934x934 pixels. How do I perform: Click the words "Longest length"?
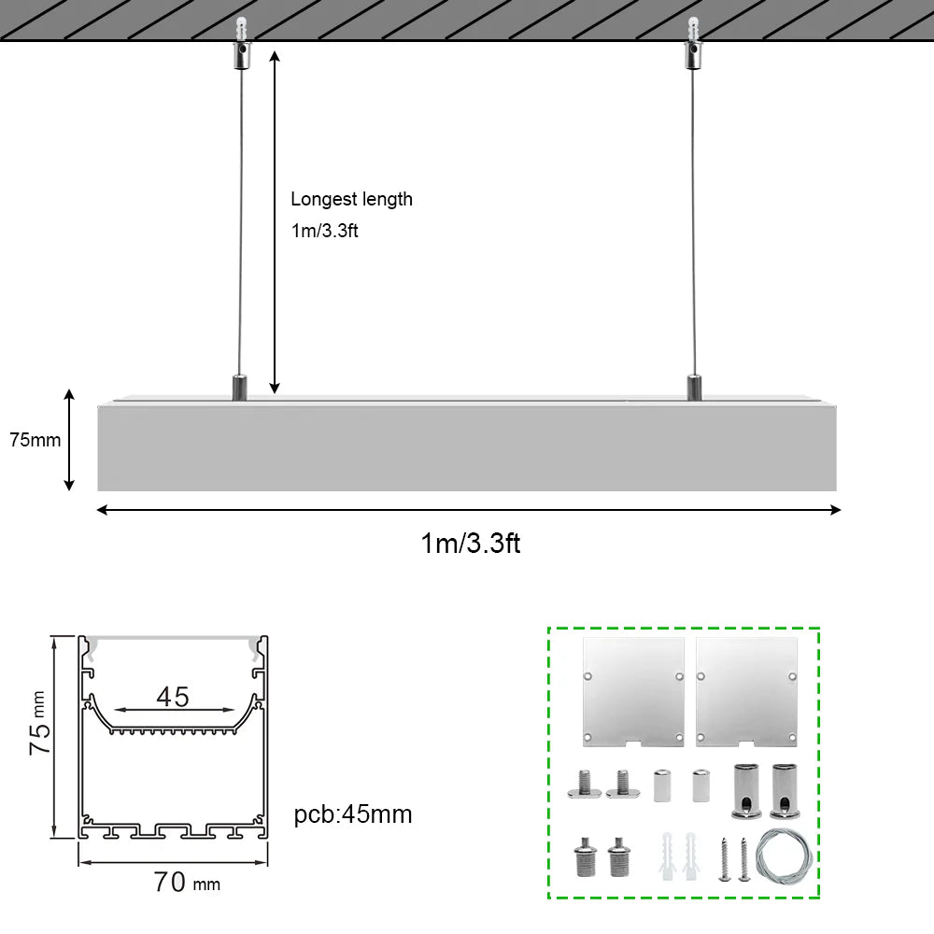tap(351, 199)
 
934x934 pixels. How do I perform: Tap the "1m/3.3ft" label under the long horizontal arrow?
tap(470, 543)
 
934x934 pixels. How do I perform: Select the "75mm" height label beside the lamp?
tap(35, 440)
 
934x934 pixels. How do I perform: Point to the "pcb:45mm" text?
tap(353, 814)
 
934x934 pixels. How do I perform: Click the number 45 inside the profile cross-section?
tap(173, 697)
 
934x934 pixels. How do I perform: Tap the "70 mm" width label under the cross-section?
tap(187, 882)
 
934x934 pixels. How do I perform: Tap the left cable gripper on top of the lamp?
tap(239, 386)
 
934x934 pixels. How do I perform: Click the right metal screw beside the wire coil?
tap(743, 858)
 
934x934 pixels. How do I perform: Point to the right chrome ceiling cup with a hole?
tap(786, 790)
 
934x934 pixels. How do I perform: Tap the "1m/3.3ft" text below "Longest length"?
tap(324, 231)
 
